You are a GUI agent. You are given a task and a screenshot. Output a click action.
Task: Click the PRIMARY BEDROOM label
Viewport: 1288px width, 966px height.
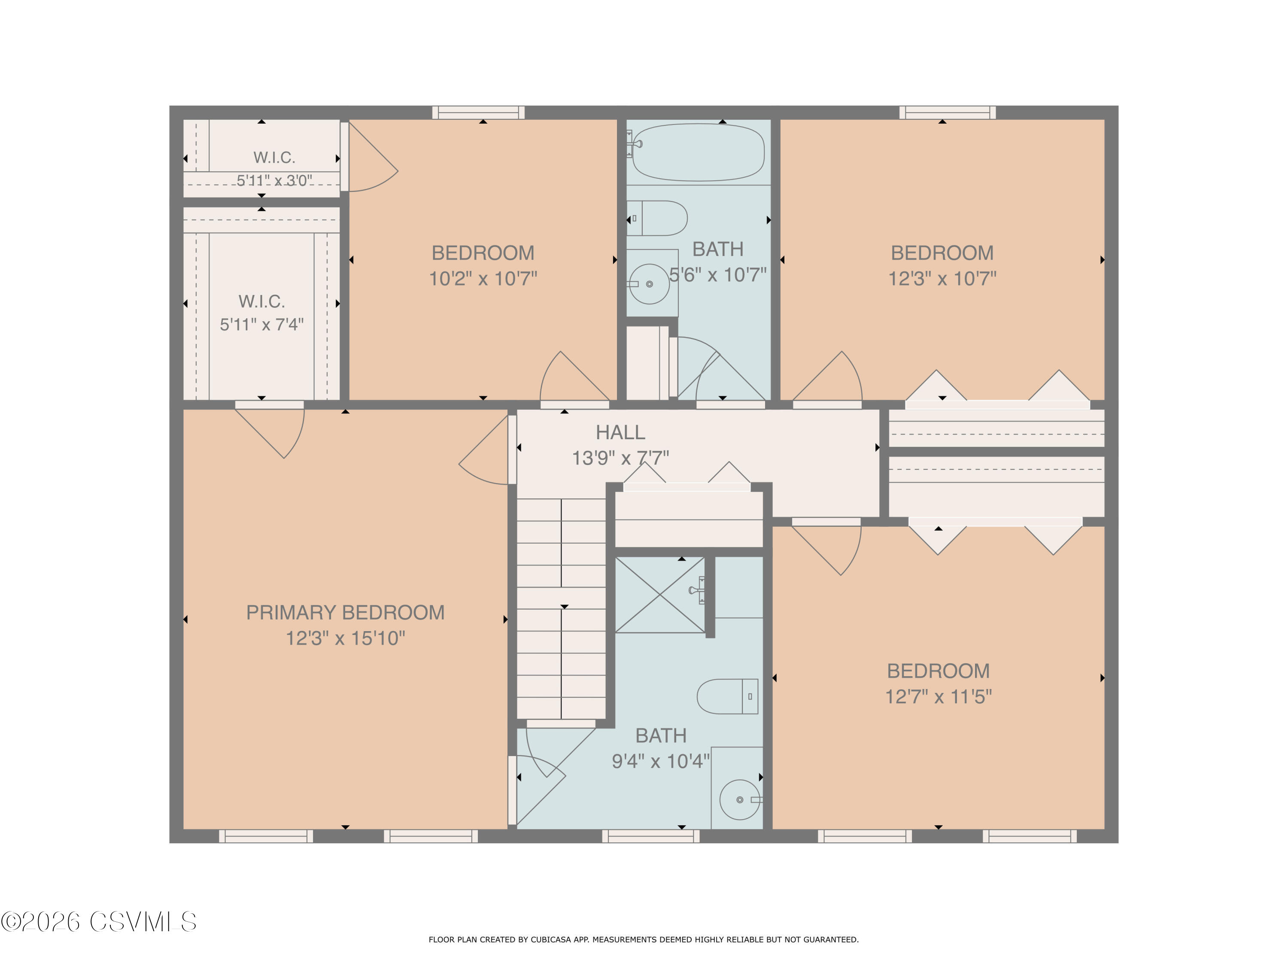coord(345,613)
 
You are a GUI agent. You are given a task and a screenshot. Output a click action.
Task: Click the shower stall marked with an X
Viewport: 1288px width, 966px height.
coord(660,595)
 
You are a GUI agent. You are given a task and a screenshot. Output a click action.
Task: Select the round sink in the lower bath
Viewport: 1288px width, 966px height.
coord(740,799)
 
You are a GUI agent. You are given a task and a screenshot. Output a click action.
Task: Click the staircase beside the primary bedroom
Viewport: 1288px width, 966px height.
coord(561,608)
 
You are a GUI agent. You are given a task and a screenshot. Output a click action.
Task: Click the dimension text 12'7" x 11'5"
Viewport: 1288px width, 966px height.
coord(938,697)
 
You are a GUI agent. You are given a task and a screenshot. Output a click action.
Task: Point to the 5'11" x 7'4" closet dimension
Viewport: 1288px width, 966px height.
coord(261,324)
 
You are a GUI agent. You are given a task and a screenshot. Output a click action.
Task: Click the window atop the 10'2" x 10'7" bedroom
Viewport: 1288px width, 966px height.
coord(478,112)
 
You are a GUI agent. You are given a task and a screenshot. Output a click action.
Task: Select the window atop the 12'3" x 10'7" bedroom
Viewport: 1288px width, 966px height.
coord(948,112)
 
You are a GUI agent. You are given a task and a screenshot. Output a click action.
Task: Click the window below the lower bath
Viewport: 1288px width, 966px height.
coord(651,836)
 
